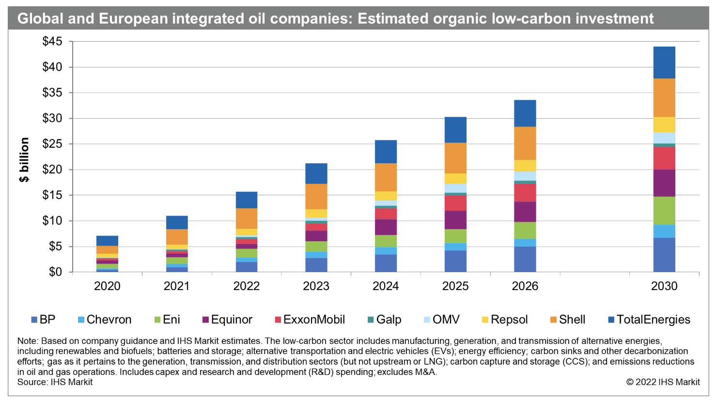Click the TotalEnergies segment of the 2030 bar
664,62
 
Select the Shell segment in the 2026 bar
525,143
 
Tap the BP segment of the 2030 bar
664,255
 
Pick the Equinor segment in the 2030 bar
664,183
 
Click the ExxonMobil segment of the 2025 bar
455,203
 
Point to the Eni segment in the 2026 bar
525,231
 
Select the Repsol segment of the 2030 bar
664,124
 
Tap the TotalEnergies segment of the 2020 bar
107,241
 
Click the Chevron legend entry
104,320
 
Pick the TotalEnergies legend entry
649,320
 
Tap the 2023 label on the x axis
316,286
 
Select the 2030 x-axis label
664,286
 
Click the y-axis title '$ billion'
24,160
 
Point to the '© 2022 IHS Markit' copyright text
663,382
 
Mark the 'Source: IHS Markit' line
55,382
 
